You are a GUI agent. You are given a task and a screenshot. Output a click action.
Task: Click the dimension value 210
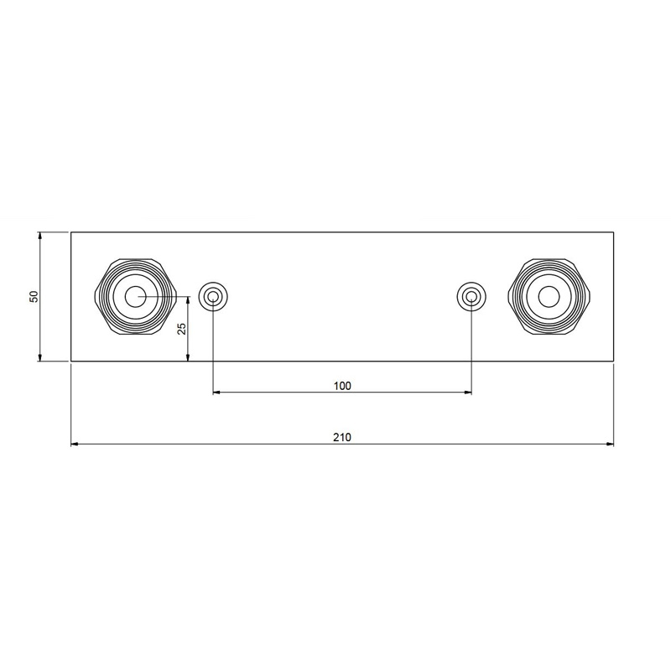342,437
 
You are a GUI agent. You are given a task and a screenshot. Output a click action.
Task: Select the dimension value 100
342,386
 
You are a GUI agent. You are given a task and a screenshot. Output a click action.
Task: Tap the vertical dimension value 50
34,297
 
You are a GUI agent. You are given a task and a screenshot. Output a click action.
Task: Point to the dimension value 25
182,328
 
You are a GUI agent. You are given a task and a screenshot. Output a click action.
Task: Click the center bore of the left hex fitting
135,297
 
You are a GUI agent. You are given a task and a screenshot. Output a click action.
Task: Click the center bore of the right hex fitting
549,297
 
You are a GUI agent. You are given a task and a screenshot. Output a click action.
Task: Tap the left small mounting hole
213,296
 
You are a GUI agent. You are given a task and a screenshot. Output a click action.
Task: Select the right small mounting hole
471,296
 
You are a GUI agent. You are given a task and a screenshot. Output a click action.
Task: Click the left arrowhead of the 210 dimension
75,445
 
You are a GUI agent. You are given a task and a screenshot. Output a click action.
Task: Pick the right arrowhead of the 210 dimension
610,445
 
